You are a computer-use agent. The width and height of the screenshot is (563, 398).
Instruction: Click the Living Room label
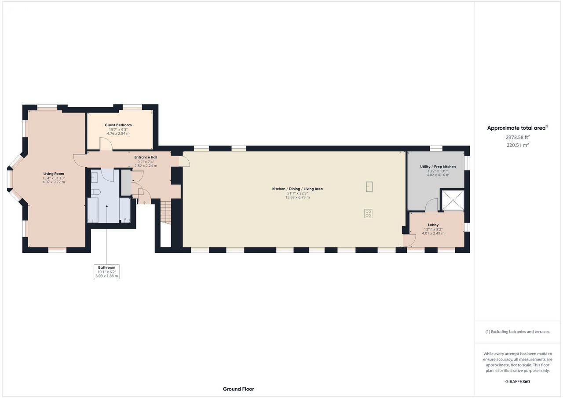click(x=54, y=174)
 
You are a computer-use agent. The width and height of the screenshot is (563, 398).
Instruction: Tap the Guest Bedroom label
click(x=118, y=125)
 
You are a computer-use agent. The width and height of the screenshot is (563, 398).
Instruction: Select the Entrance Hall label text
click(x=146, y=157)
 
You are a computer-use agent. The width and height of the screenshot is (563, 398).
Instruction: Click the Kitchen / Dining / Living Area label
click(x=297, y=189)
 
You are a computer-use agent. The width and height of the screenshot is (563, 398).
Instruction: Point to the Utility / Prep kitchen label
click(x=438, y=167)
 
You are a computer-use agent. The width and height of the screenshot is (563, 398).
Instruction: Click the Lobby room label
click(x=433, y=225)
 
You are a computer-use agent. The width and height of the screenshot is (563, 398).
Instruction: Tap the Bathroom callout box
click(x=106, y=272)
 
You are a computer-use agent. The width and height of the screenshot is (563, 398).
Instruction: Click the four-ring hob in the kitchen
click(x=368, y=214)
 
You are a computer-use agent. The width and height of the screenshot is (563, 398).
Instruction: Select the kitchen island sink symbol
click(x=369, y=187)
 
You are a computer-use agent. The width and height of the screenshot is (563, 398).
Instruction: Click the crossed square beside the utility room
click(x=453, y=200)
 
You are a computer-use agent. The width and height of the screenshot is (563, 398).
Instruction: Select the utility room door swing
click(x=431, y=204)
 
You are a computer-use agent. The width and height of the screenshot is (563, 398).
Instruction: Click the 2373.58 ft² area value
click(x=518, y=137)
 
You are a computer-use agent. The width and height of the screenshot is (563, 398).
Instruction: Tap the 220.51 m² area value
click(x=518, y=145)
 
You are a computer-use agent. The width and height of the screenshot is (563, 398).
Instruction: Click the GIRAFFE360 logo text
click(x=517, y=381)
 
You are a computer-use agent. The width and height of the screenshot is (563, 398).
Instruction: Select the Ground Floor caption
click(x=238, y=389)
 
